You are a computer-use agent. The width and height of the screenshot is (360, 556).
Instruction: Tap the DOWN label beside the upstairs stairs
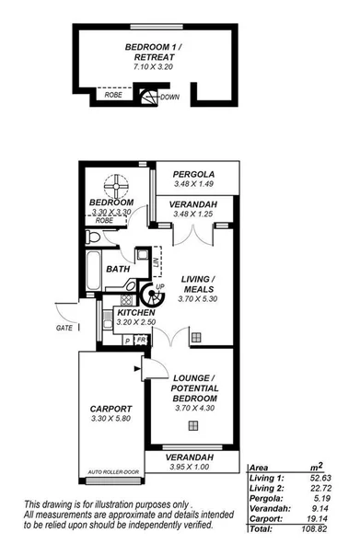click(170, 97)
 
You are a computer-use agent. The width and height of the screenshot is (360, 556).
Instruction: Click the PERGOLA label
click(193, 173)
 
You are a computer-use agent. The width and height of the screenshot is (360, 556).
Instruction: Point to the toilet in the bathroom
click(92, 239)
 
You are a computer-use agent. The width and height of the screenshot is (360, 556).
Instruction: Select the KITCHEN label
click(135, 313)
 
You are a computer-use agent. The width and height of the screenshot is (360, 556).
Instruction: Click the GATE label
click(64, 327)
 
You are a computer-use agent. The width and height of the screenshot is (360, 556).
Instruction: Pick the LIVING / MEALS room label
click(198, 283)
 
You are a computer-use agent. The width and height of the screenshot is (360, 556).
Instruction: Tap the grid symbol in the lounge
click(192, 425)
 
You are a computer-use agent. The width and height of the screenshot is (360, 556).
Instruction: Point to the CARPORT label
click(111, 408)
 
